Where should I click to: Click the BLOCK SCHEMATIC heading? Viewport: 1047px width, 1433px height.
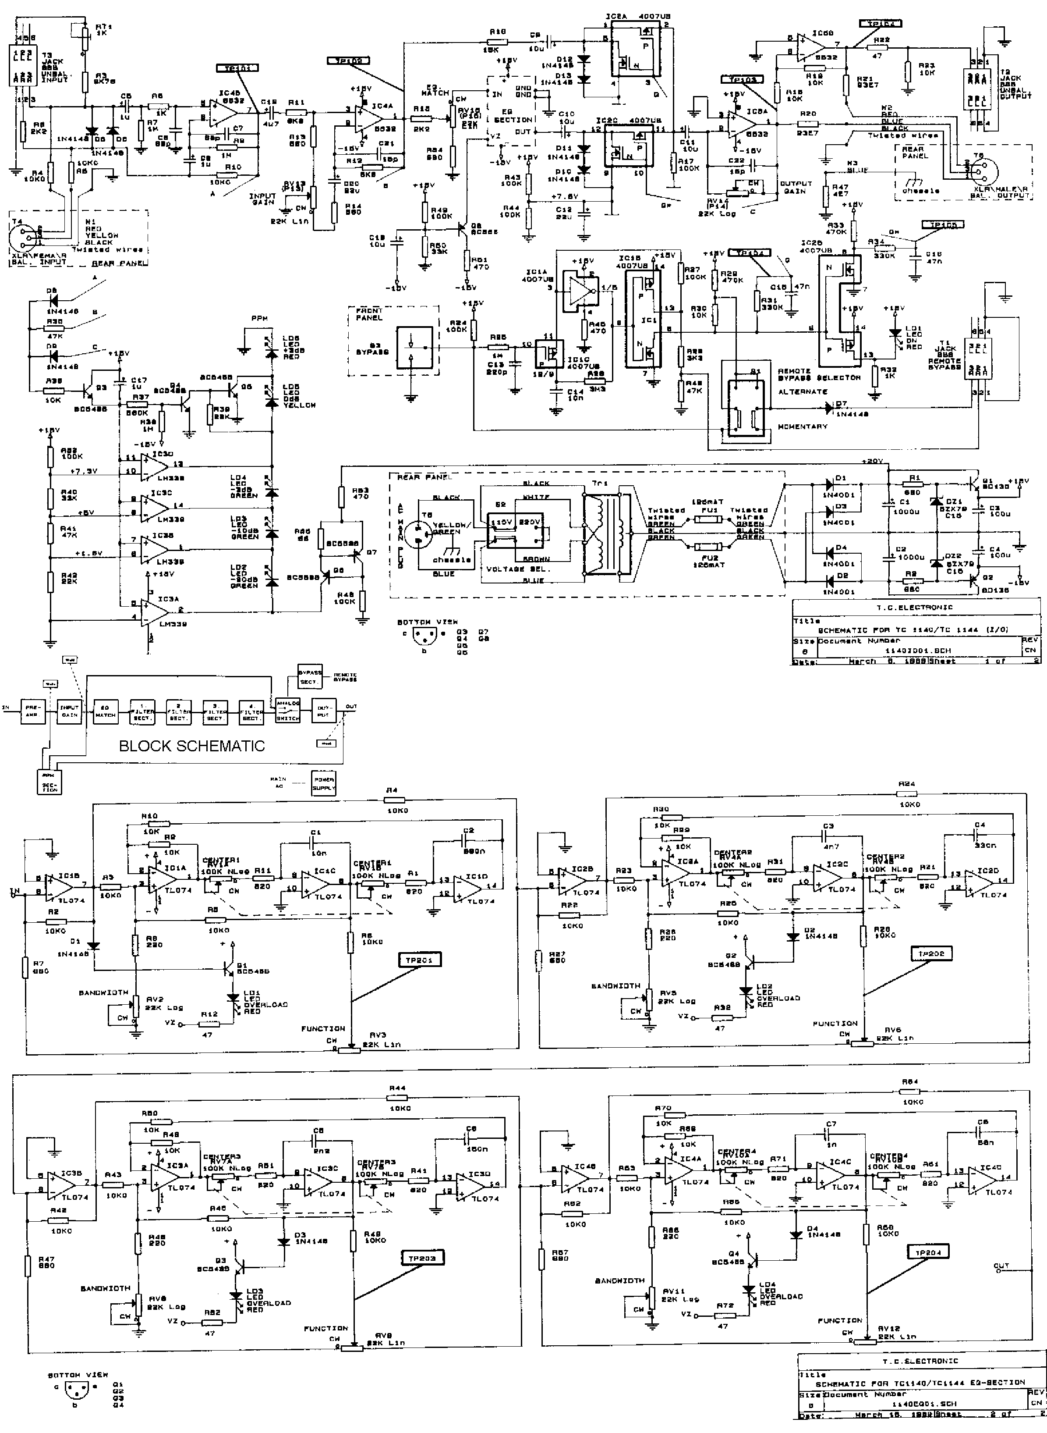[x=192, y=746]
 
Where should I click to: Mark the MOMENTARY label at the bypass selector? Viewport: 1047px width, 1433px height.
[x=803, y=427]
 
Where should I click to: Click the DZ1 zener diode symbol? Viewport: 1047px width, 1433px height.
[x=934, y=501]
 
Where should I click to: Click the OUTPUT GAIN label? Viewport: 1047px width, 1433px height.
[x=796, y=187]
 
